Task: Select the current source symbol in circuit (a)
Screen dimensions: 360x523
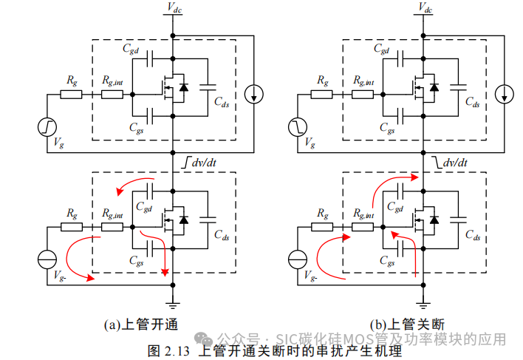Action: coord(253,93)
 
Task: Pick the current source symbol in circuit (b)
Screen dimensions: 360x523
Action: coord(505,93)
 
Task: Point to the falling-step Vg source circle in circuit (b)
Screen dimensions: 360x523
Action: coord(298,127)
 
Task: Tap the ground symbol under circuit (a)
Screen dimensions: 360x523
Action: coord(171,305)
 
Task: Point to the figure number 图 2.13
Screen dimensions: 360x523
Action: coord(169,349)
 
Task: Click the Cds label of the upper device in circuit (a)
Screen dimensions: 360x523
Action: coord(221,103)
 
